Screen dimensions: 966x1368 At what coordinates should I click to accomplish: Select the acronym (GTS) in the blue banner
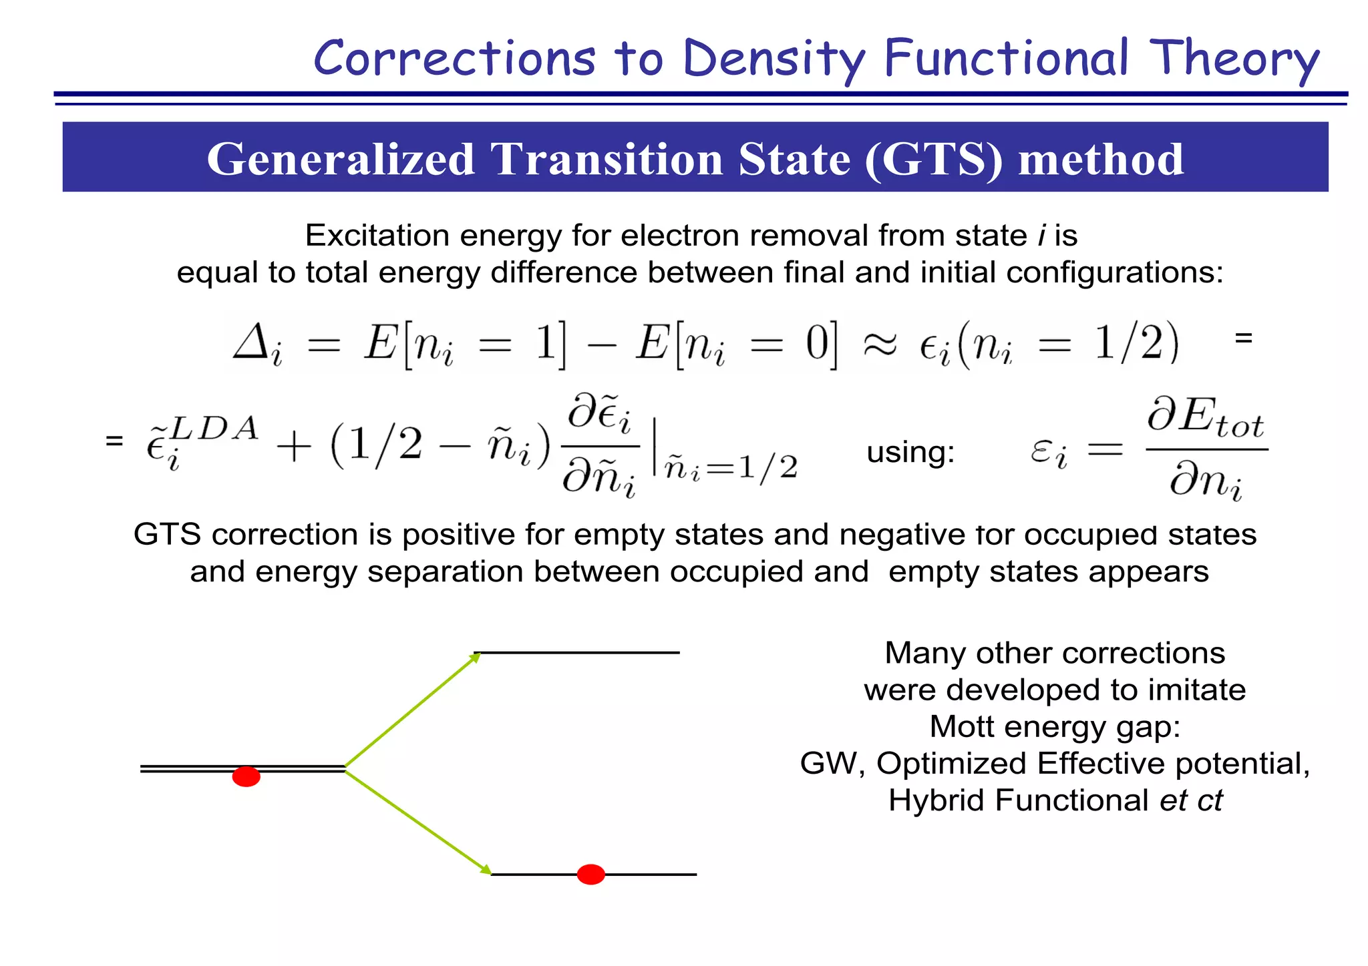(x=933, y=159)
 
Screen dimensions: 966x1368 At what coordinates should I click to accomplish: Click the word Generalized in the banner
(x=340, y=159)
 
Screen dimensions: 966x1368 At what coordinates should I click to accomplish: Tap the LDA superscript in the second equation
(x=214, y=429)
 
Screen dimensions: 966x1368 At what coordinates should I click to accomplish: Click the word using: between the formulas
(x=910, y=453)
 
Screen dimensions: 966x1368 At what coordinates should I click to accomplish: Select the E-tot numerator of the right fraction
(x=1206, y=418)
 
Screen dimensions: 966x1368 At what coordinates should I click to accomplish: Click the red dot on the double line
(x=246, y=776)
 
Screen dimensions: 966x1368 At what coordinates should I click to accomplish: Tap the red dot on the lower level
(x=590, y=874)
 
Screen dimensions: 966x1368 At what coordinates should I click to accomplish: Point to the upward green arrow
(x=411, y=710)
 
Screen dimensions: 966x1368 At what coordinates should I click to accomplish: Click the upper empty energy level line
(x=576, y=652)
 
